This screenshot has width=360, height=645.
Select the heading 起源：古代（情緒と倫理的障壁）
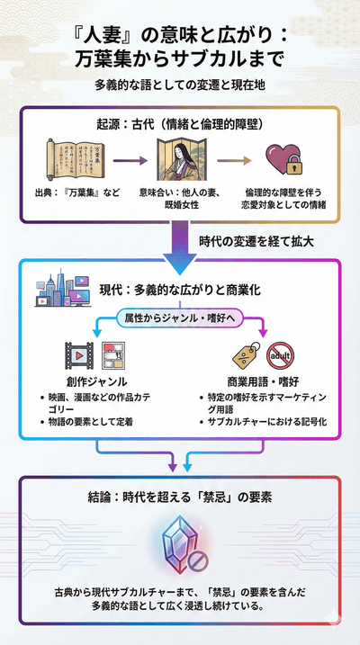coord(179,121)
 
